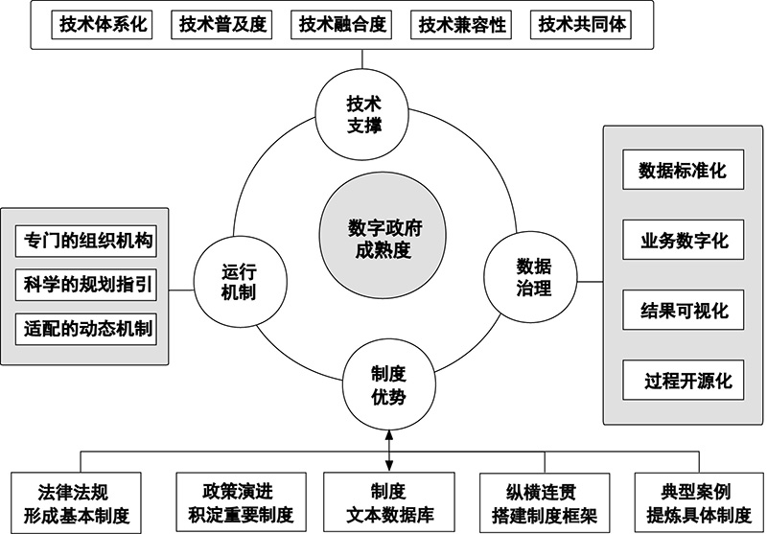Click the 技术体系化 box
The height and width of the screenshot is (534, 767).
(x=104, y=25)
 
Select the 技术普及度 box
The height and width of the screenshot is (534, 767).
(x=222, y=25)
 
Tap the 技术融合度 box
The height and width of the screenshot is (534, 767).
(x=342, y=25)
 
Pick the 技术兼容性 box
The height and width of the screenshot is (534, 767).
(x=462, y=25)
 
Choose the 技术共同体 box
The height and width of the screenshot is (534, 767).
(x=582, y=25)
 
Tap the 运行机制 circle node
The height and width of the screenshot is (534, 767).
(x=234, y=281)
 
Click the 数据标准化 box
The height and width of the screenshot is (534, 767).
(x=683, y=172)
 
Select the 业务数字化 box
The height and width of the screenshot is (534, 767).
(x=683, y=241)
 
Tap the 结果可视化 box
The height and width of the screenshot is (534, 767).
(x=683, y=310)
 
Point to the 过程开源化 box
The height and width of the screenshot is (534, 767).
(x=683, y=380)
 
